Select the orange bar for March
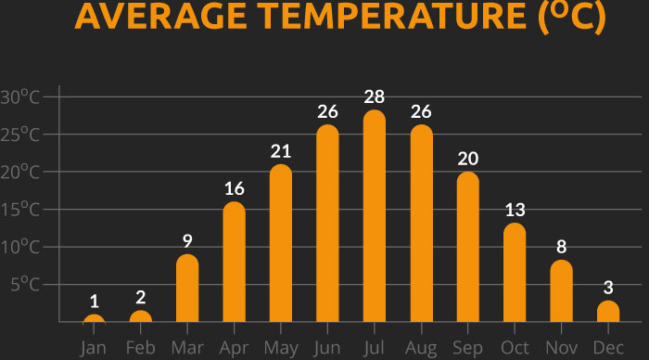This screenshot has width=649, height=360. [x=187, y=289]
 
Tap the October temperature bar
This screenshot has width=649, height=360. [x=515, y=273]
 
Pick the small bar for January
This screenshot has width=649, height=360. [x=94, y=319]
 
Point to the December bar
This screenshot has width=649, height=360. [x=608, y=312]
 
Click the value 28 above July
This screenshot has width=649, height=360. [x=375, y=97]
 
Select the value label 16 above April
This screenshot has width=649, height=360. [x=235, y=189]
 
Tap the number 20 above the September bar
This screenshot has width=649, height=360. [x=468, y=159]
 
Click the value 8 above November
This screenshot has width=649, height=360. [x=562, y=248]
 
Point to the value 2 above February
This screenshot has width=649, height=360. [x=141, y=298]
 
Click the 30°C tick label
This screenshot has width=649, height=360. [x=20, y=97]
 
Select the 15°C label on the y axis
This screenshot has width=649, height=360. [x=20, y=210]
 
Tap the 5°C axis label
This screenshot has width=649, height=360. [x=25, y=285]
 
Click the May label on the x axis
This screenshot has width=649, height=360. [x=281, y=347]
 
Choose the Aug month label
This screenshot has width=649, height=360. [x=422, y=347]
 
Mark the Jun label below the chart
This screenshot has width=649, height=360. [x=328, y=347]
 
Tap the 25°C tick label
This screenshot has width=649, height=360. [x=20, y=135]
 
